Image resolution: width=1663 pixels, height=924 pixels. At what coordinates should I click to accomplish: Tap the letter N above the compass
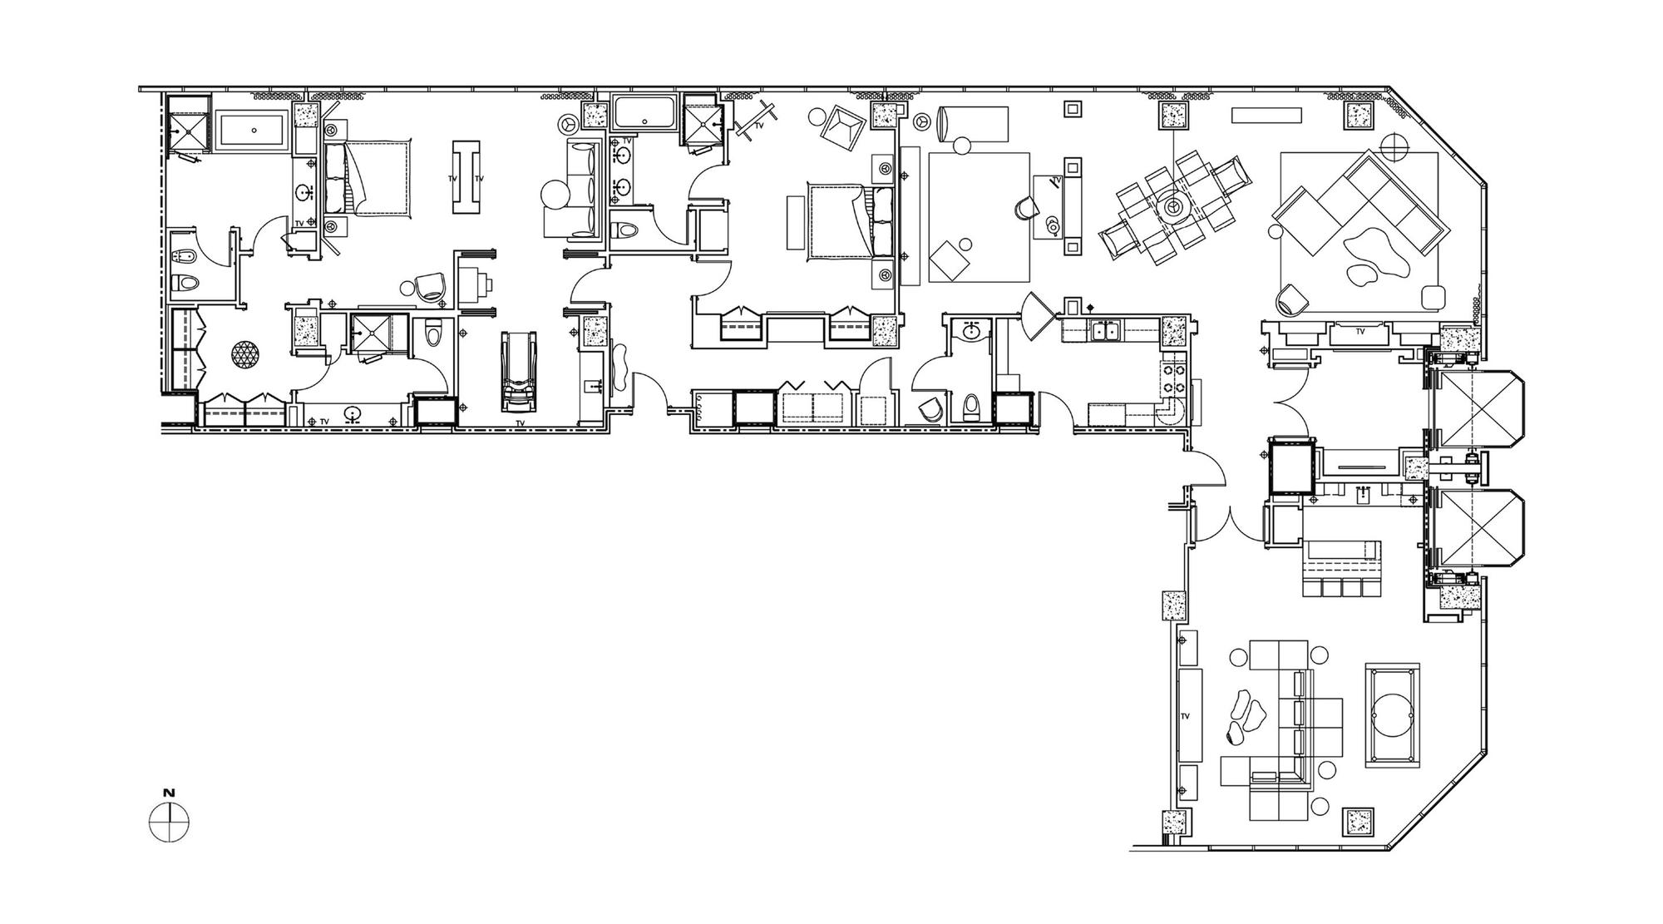point(169,793)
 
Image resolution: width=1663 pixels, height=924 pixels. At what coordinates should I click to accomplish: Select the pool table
point(1393,715)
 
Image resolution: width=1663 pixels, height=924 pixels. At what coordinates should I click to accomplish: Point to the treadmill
point(519,371)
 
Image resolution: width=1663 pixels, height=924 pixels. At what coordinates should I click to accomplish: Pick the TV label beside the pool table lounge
point(1186,716)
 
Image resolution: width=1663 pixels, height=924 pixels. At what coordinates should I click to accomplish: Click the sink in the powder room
point(971,333)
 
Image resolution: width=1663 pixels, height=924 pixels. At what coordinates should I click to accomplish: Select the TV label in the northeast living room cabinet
point(1360,331)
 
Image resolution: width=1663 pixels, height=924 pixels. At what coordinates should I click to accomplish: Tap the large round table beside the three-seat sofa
point(555,196)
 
